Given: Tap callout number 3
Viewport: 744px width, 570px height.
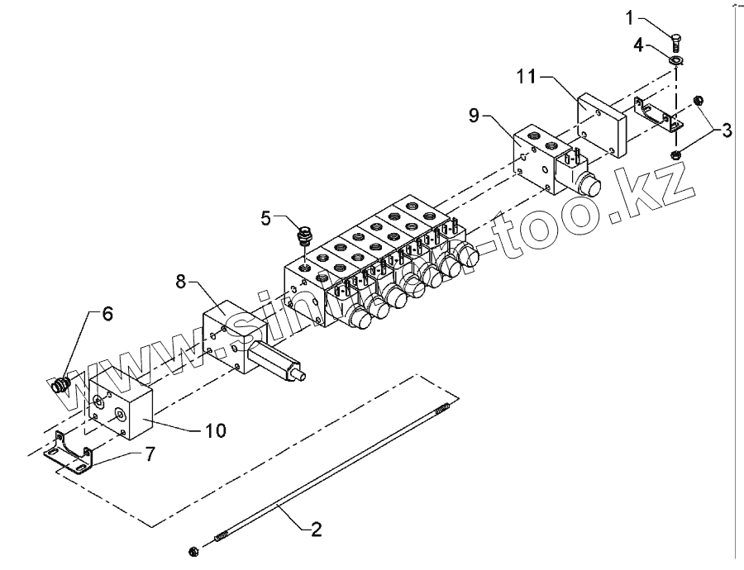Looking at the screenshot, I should click(x=726, y=129).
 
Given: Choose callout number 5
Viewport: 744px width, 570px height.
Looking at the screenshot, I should click(x=266, y=218).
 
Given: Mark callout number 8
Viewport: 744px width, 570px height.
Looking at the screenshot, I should click(x=182, y=282).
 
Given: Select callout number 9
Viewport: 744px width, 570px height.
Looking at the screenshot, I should click(x=474, y=116).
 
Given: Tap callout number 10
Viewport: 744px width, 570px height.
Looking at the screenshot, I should click(x=214, y=430).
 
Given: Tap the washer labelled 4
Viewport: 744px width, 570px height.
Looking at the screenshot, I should click(x=676, y=60).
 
